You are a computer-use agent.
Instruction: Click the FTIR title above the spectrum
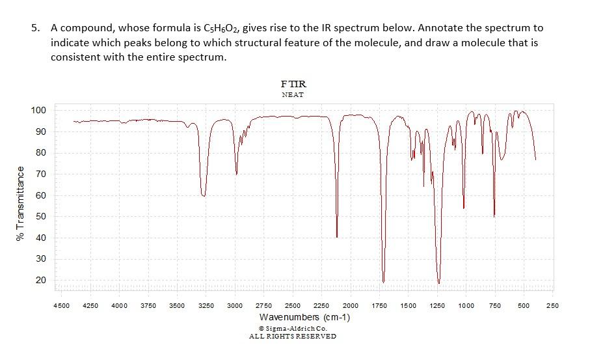tap(293, 84)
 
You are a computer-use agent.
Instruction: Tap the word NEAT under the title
tap(293, 95)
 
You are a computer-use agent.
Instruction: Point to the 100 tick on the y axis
tap(40, 110)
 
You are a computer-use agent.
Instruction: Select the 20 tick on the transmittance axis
tap(42, 280)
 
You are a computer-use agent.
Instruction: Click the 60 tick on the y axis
tap(42, 195)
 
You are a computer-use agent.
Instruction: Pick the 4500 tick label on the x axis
tap(62, 305)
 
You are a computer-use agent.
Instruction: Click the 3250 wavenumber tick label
tap(206, 305)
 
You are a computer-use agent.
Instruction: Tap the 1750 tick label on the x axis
tap(379, 305)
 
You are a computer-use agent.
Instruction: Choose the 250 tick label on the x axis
tap(553, 305)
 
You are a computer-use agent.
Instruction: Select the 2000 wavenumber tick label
tap(351, 305)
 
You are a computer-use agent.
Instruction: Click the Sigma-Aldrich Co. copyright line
tap(293, 329)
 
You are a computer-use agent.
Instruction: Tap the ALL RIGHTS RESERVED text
tap(293, 337)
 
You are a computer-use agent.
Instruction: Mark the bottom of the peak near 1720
tap(384, 282)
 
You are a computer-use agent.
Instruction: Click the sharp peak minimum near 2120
tap(336, 237)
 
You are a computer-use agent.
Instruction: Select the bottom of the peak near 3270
tap(204, 195)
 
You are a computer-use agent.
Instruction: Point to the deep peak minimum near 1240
tap(439, 283)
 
